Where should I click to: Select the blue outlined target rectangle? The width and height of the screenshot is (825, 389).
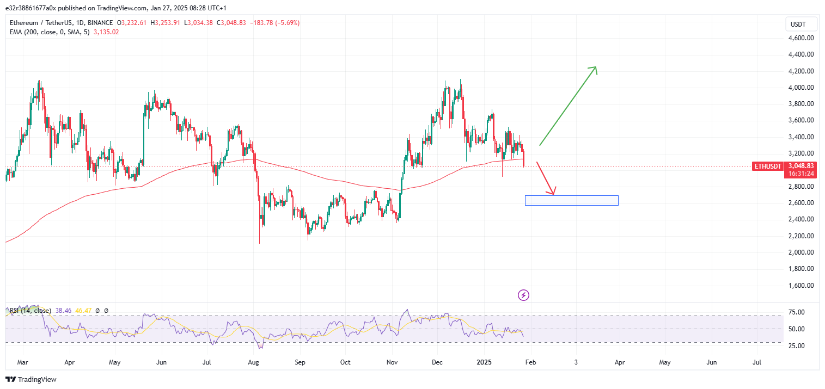point(571,200)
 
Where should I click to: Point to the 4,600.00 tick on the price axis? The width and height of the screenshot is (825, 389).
point(800,38)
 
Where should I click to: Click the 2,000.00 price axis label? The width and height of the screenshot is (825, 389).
point(800,252)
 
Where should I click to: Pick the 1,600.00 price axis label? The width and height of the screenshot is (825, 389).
point(800,286)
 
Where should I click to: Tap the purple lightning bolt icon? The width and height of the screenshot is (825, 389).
point(523,295)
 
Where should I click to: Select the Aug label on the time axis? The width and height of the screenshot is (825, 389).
point(253,362)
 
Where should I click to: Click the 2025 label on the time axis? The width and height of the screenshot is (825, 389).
point(484,362)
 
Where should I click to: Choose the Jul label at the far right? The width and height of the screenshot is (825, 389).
point(757,362)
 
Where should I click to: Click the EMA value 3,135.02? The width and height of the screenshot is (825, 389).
point(106,32)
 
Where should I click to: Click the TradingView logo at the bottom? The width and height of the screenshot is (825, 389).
point(31,379)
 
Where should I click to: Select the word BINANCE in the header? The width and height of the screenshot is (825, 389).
point(100,23)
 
